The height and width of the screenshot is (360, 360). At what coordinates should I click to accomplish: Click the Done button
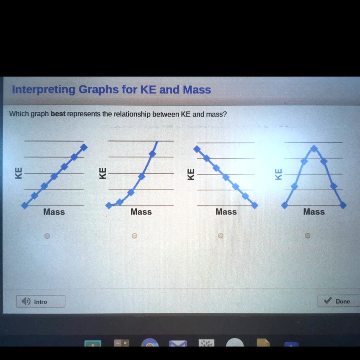(338, 301)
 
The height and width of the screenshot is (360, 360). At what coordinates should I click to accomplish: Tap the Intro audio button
(40, 302)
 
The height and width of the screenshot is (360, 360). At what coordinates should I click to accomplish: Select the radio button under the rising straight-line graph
(47, 236)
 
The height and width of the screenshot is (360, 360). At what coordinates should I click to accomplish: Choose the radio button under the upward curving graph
(134, 236)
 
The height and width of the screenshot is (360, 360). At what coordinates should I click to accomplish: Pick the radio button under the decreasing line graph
(220, 236)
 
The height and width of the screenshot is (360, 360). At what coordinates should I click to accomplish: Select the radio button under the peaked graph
(308, 236)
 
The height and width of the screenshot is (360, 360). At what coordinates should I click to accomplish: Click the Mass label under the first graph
(54, 212)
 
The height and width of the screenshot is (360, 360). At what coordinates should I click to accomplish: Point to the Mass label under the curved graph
(141, 212)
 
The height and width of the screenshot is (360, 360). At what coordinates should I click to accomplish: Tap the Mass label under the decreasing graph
(226, 212)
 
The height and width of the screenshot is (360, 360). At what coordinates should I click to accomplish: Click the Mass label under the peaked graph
(314, 212)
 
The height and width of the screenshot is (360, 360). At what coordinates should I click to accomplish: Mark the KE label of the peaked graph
(278, 174)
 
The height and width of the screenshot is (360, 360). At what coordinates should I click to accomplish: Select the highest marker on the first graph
(84, 147)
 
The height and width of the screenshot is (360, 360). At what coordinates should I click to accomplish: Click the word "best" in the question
(58, 114)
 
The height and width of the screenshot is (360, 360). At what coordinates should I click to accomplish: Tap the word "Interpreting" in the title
(44, 90)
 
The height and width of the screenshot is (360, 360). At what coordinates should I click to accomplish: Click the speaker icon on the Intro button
(26, 302)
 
